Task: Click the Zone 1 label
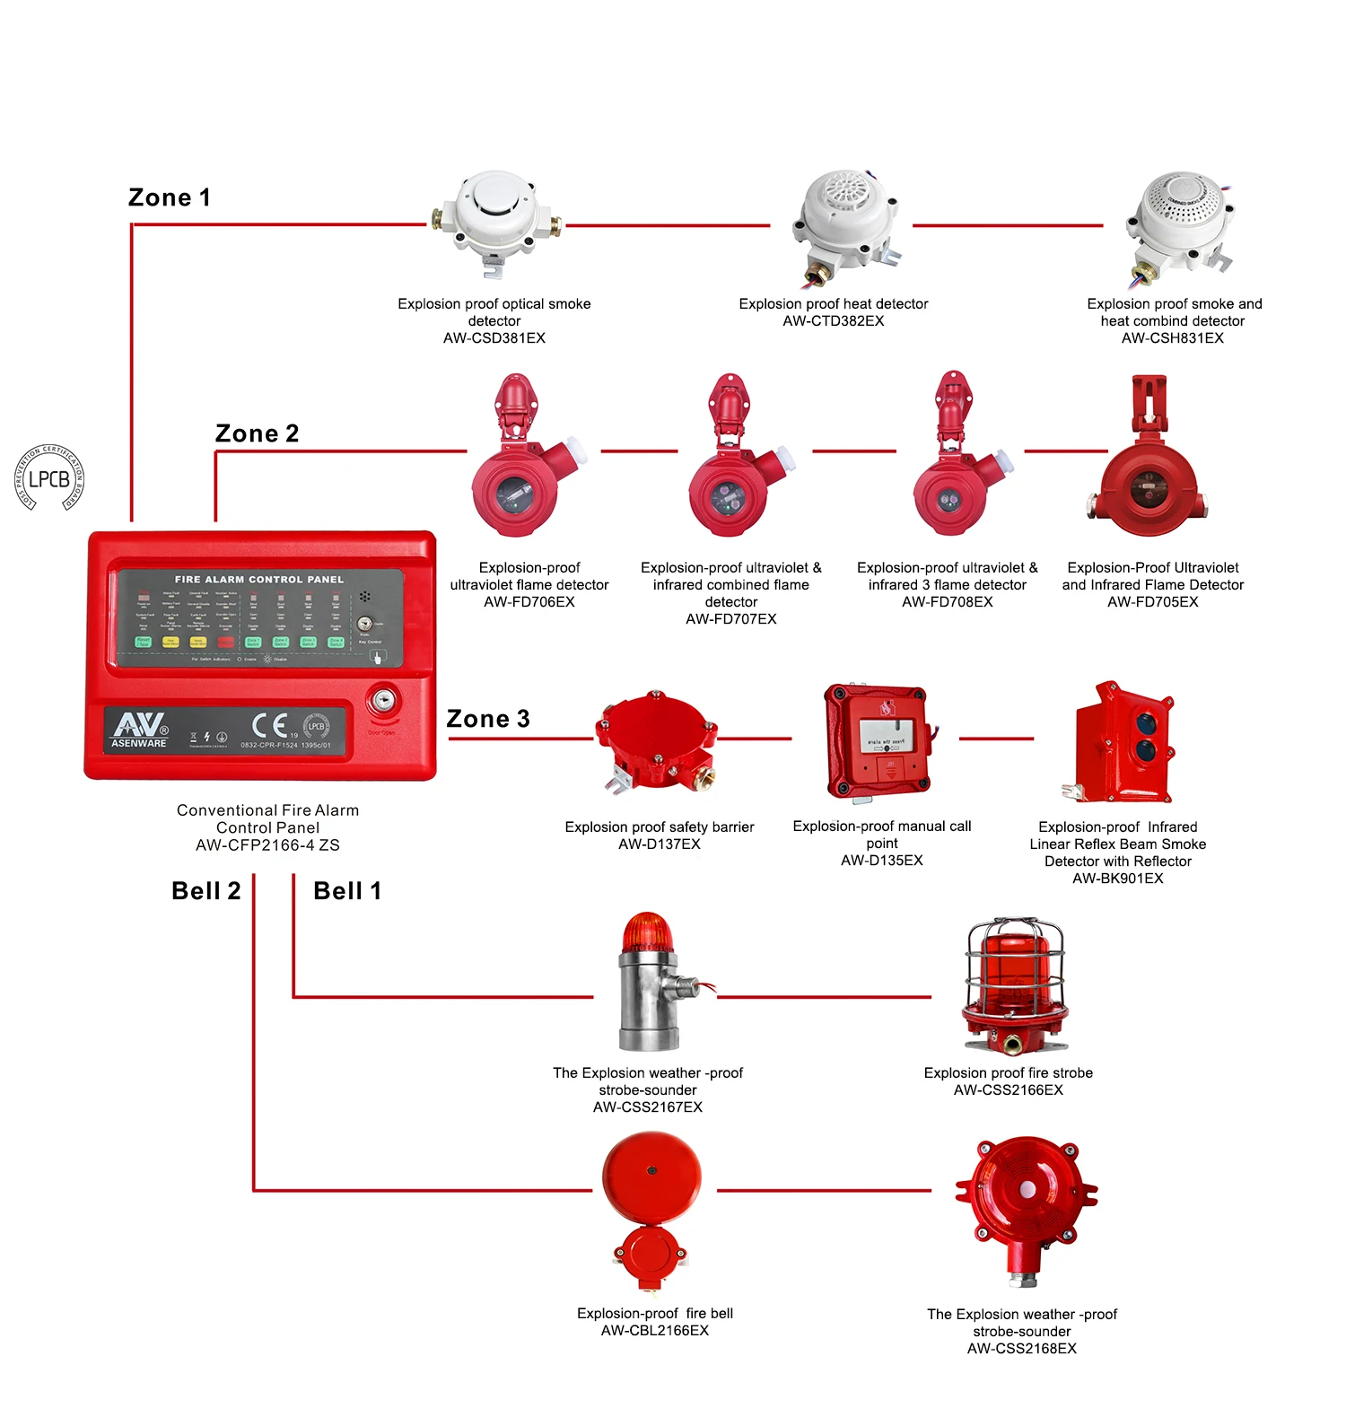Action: click(170, 197)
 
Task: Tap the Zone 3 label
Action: click(488, 719)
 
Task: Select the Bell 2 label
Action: click(205, 891)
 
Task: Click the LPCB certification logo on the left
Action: click(49, 478)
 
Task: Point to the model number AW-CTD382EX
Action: click(833, 321)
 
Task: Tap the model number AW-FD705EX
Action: click(1152, 602)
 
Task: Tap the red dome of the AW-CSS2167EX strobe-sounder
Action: click(647, 932)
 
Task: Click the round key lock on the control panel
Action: click(383, 702)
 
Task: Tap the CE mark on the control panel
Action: click(270, 725)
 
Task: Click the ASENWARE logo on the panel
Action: click(139, 730)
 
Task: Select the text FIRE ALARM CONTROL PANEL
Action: click(258, 580)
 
